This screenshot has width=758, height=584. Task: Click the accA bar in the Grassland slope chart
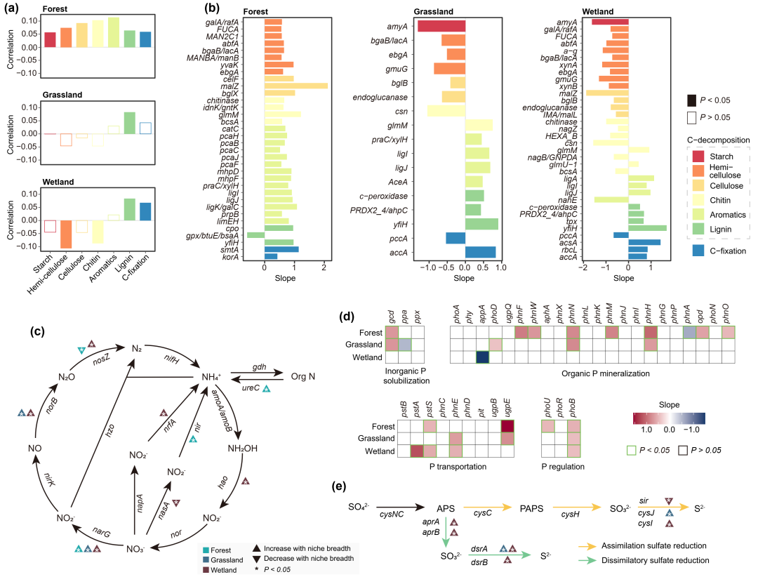[x=480, y=252]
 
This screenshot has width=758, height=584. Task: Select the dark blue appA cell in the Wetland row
[x=483, y=357]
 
